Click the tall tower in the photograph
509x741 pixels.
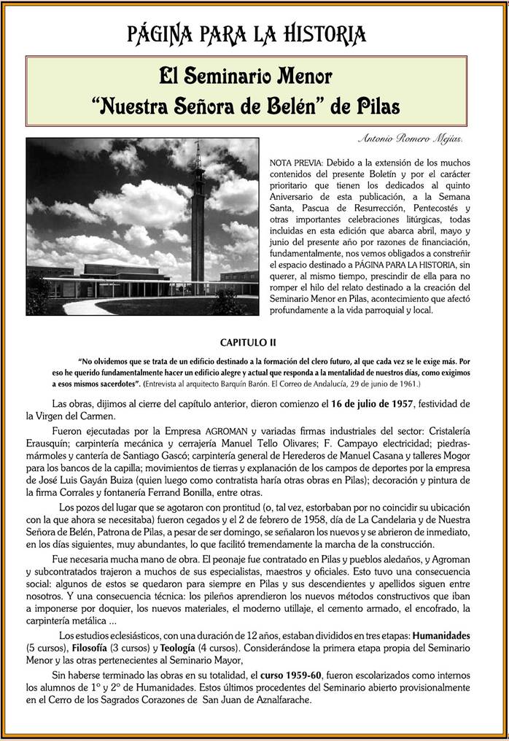pos(197,219)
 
